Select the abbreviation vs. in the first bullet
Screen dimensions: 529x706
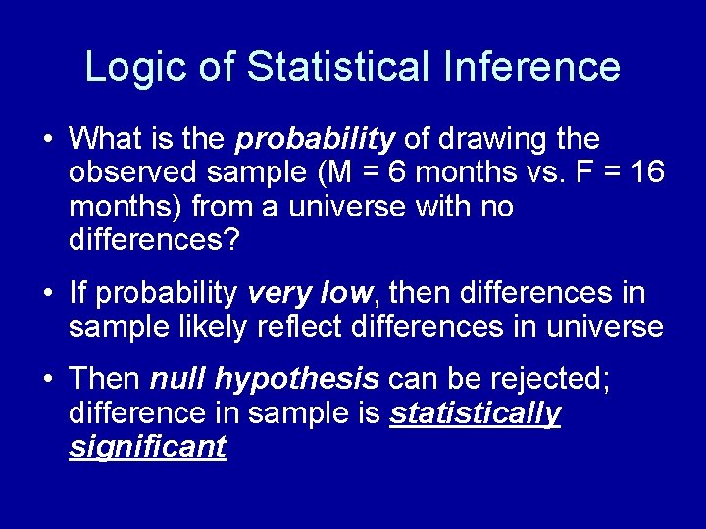pyautogui.click(x=534, y=173)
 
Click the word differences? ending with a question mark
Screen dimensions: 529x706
pyautogui.click(x=153, y=239)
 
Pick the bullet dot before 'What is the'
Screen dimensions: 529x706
pyautogui.click(x=46, y=140)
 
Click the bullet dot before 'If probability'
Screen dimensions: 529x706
pyautogui.click(x=46, y=293)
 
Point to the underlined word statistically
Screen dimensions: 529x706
pyautogui.click(x=475, y=413)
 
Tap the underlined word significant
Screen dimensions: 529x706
pyautogui.click(x=147, y=447)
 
